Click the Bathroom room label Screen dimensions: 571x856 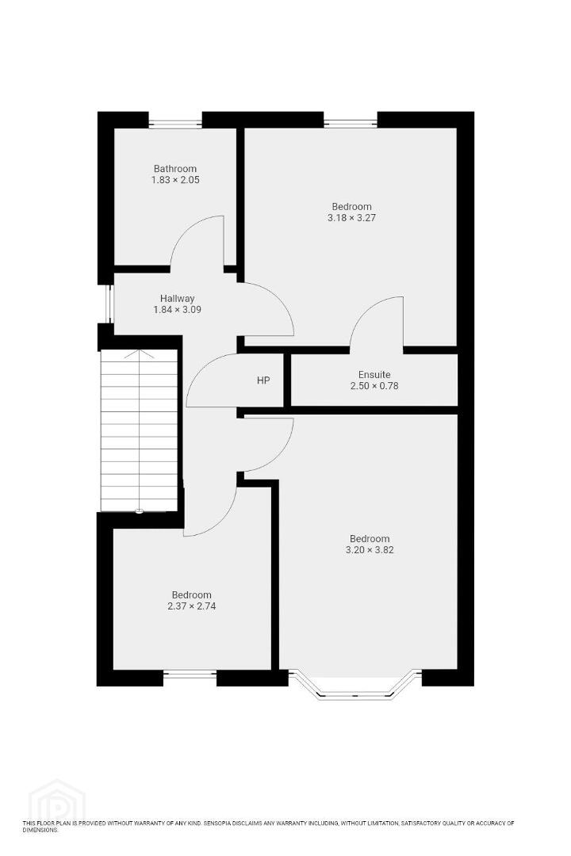[174, 169]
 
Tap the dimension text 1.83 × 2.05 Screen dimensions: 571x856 [174, 180]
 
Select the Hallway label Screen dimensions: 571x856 [177, 299]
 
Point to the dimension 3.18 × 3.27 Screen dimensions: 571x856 [351, 217]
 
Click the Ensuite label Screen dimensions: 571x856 [374, 374]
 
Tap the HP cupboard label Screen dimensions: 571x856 [263, 380]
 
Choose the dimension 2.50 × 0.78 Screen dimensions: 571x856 [374, 385]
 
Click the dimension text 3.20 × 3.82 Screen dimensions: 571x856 [370, 550]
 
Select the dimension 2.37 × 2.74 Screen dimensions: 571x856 [191, 606]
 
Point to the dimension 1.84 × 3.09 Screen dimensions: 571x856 [177, 310]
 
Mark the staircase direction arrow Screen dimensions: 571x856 [140, 431]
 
